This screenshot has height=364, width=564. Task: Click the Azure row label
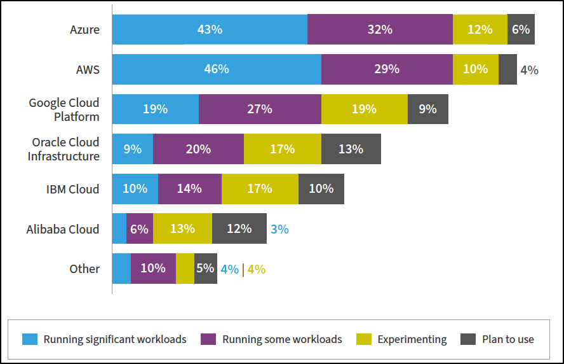(x=84, y=29)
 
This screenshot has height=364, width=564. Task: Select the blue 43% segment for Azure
(x=210, y=29)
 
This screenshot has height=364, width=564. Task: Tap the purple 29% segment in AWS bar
(x=387, y=69)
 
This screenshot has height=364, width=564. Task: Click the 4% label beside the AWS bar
(x=529, y=70)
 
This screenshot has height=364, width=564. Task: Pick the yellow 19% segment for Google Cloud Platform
(x=364, y=109)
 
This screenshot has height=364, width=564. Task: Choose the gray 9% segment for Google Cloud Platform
(x=427, y=109)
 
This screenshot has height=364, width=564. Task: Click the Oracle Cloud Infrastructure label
(x=64, y=149)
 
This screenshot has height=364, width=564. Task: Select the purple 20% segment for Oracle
(x=198, y=149)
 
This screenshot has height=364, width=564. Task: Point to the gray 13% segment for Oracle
(x=351, y=149)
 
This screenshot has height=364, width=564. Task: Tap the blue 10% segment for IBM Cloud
(x=135, y=189)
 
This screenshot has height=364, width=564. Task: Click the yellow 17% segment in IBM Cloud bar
(x=260, y=189)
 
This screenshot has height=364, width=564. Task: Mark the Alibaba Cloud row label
(x=63, y=229)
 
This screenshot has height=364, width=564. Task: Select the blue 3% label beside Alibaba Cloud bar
(x=279, y=229)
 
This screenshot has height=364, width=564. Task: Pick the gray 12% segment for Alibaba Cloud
(x=239, y=229)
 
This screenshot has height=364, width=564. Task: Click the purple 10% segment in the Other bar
(x=153, y=269)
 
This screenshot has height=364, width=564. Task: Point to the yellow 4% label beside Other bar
(x=256, y=269)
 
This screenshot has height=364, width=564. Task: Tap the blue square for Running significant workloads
(x=30, y=339)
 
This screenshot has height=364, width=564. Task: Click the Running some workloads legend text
(x=282, y=339)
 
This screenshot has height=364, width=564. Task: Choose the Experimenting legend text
(x=412, y=339)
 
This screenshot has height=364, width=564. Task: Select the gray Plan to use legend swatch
(x=467, y=339)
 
